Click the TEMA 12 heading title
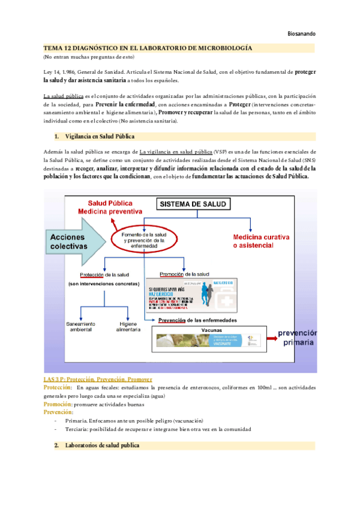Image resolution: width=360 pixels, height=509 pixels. [148, 47]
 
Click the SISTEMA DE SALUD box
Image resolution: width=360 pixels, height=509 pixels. [192, 204]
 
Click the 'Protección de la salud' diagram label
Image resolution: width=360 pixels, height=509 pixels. [104, 274]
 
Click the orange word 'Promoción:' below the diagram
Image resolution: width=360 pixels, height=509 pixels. [58, 405]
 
